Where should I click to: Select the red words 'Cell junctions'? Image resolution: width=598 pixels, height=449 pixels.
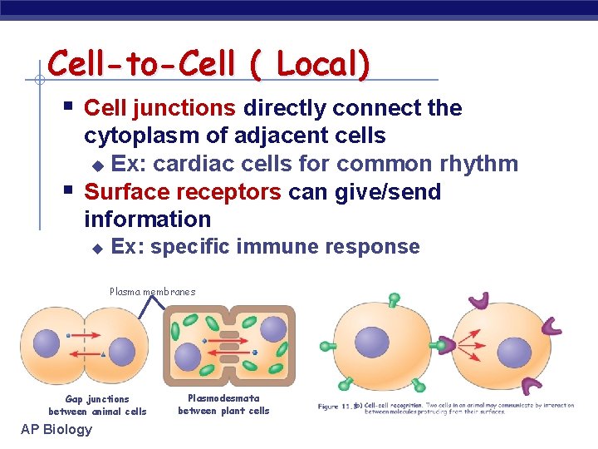159,108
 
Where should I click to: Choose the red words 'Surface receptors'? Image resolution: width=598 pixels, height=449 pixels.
183,192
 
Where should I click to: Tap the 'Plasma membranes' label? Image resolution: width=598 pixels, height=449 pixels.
153,292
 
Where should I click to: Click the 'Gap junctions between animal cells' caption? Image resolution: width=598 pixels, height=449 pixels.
97,405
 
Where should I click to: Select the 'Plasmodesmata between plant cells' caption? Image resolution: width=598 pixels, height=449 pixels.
223,404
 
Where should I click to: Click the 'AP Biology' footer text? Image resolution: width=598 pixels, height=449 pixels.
56,429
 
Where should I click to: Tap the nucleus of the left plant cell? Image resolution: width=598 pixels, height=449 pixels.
189,358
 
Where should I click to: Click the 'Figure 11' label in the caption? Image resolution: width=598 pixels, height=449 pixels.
337,407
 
